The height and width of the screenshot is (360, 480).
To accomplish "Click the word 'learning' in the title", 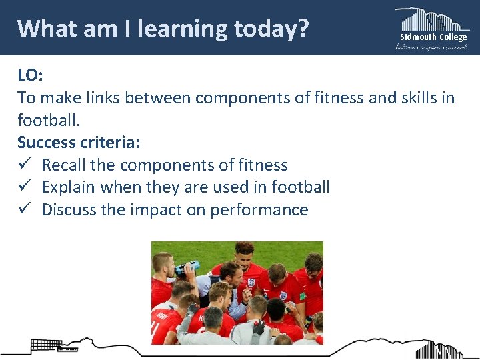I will pos(175,29).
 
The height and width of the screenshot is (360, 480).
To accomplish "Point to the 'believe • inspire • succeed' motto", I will pos(432,47).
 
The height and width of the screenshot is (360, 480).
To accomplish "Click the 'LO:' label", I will pos(30,75).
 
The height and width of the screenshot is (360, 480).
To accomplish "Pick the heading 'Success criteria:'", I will pos(79,143).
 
